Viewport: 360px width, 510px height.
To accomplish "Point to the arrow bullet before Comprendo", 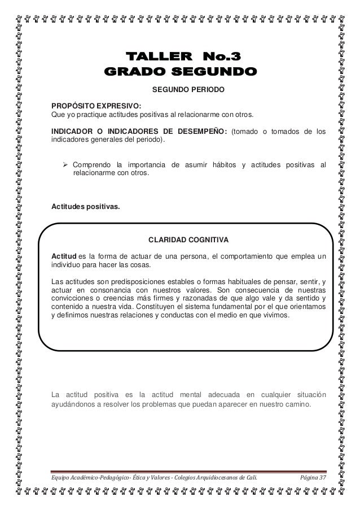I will [65, 164].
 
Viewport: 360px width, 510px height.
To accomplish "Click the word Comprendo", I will [91, 164].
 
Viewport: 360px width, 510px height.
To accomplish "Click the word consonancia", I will [116, 290].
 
